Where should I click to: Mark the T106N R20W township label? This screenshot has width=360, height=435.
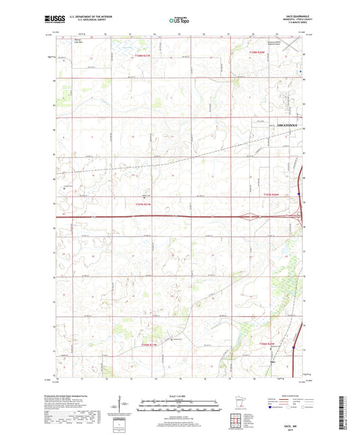click(267, 344)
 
